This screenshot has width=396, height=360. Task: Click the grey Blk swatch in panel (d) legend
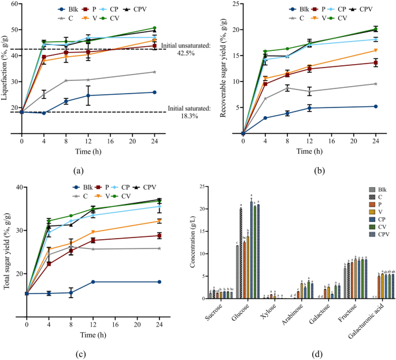pyautogui.click(x=373, y=189)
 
